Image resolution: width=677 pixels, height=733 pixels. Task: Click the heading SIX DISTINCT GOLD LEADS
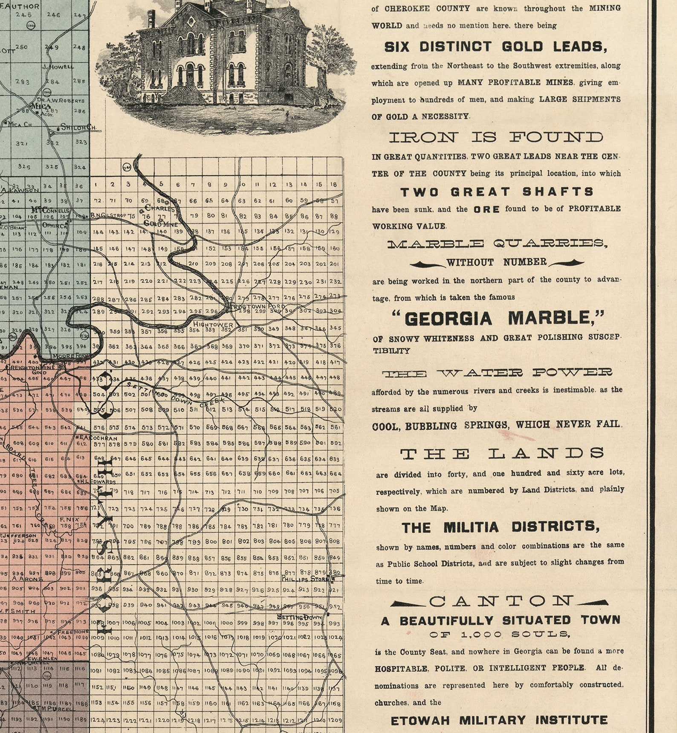495,47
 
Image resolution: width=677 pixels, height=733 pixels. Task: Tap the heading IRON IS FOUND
496,137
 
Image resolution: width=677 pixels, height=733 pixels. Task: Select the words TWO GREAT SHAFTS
497,192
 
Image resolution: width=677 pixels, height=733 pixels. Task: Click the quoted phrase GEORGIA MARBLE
498,318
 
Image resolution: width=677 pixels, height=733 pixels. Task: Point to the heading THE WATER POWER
497,374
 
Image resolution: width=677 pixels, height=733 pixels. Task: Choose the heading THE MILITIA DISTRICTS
501,527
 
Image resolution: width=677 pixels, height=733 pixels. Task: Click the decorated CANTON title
501,601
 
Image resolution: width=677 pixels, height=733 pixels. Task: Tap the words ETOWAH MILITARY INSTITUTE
499,721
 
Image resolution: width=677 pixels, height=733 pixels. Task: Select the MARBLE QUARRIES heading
497,244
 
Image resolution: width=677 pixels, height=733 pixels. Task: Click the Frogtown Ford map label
254,306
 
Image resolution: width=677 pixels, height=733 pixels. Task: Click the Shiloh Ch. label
78,127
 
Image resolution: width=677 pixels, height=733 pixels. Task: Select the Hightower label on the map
213,324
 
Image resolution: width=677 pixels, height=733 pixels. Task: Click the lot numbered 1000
226,623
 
